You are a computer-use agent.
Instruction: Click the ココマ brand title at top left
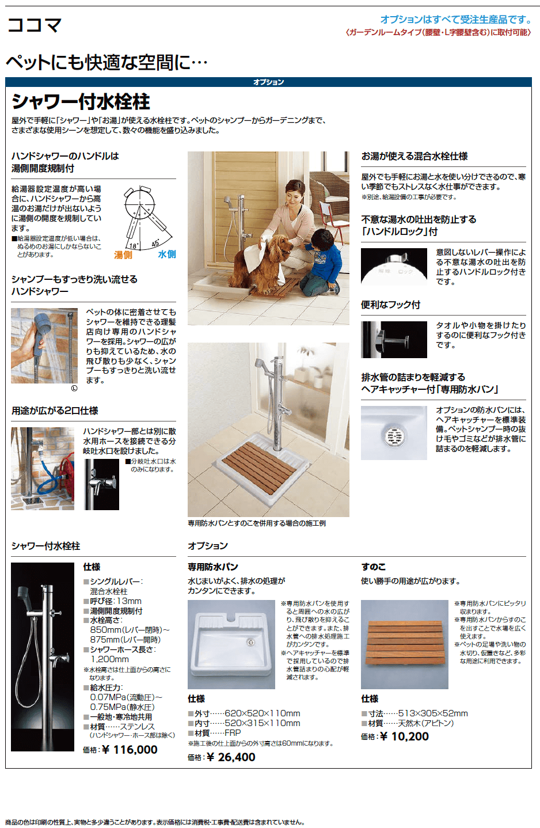coord(34,25)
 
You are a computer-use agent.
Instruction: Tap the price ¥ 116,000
coord(130,749)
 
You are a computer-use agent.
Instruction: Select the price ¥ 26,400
coord(231,757)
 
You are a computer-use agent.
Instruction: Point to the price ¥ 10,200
coord(404,736)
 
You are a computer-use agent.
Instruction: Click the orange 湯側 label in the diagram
coord(123,255)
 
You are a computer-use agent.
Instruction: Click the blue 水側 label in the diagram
coord(167,255)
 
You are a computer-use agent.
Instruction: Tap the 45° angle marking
coord(155,243)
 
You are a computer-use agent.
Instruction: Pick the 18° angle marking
coord(133,245)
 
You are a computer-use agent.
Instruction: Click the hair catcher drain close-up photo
coord(394,433)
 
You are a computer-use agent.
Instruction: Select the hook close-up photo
coord(394,340)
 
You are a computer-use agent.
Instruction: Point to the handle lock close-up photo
coord(394,267)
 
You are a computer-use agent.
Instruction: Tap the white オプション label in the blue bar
coord(269,82)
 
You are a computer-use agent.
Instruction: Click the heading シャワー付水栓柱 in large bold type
coord(81,102)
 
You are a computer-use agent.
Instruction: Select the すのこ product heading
coord(373,567)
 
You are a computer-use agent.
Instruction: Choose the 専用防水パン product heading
coord(213,567)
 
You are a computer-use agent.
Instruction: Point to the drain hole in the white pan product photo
coord(250,643)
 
